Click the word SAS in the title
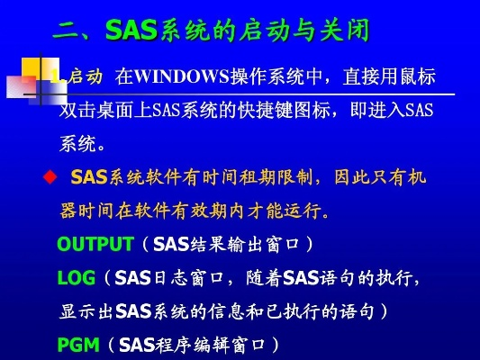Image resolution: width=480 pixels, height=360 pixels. pos(131,31)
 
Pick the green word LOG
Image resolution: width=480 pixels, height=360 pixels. pos(76,278)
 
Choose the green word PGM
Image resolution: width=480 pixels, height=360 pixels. pos(77,345)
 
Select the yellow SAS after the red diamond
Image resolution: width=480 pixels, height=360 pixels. pos(89,176)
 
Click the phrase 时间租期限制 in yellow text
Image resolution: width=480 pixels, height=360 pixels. pos(261,176)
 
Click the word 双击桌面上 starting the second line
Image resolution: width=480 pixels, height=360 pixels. pos(100,112)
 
